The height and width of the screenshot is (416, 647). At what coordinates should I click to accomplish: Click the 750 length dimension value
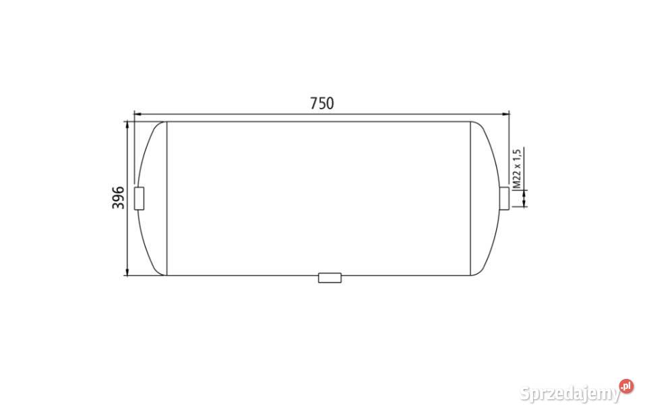click(x=321, y=103)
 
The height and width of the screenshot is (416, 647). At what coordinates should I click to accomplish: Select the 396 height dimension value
click(x=118, y=198)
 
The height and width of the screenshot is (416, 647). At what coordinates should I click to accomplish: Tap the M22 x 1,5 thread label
click(x=516, y=168)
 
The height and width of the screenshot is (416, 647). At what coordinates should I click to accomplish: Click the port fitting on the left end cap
click(x=140, y=198)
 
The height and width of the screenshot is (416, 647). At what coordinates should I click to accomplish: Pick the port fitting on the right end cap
click(x=504, y=198)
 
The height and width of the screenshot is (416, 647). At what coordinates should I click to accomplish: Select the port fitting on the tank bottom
click(x=330, y=277)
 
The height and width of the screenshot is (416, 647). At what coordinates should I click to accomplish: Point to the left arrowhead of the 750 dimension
click(x=137, y=114)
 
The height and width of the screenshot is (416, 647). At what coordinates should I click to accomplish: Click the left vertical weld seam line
click(x=166, y=198)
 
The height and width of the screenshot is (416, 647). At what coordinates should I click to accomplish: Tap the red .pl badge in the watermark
click(x=626, y=386)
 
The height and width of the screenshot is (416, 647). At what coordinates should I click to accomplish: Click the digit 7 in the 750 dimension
click(x=313, y=103)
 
